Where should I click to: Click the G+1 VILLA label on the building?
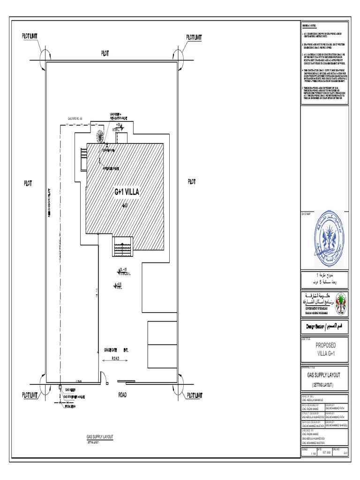pos(127,191)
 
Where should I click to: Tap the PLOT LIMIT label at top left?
pos(31,36)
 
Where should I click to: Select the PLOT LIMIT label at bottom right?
pos(195,396)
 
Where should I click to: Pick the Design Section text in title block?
pos(324,326)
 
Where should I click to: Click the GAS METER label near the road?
pos(70,390)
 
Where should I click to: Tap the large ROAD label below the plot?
pos(122,395)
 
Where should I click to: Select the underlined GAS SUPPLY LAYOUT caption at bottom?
pos(99,436)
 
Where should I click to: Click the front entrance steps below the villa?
pos(123,247)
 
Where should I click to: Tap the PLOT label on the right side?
pos(192,181)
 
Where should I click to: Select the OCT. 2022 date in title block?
pos(325,453)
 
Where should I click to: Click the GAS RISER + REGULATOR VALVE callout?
pos(119,116)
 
